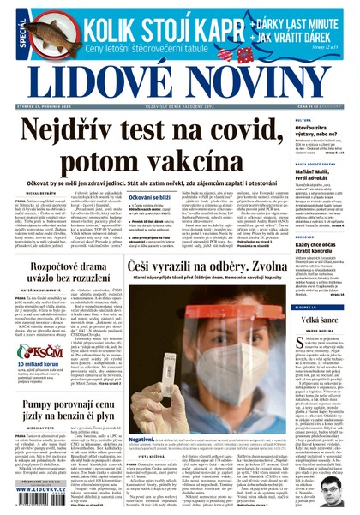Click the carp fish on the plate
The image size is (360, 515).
[x=40, y=32]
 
